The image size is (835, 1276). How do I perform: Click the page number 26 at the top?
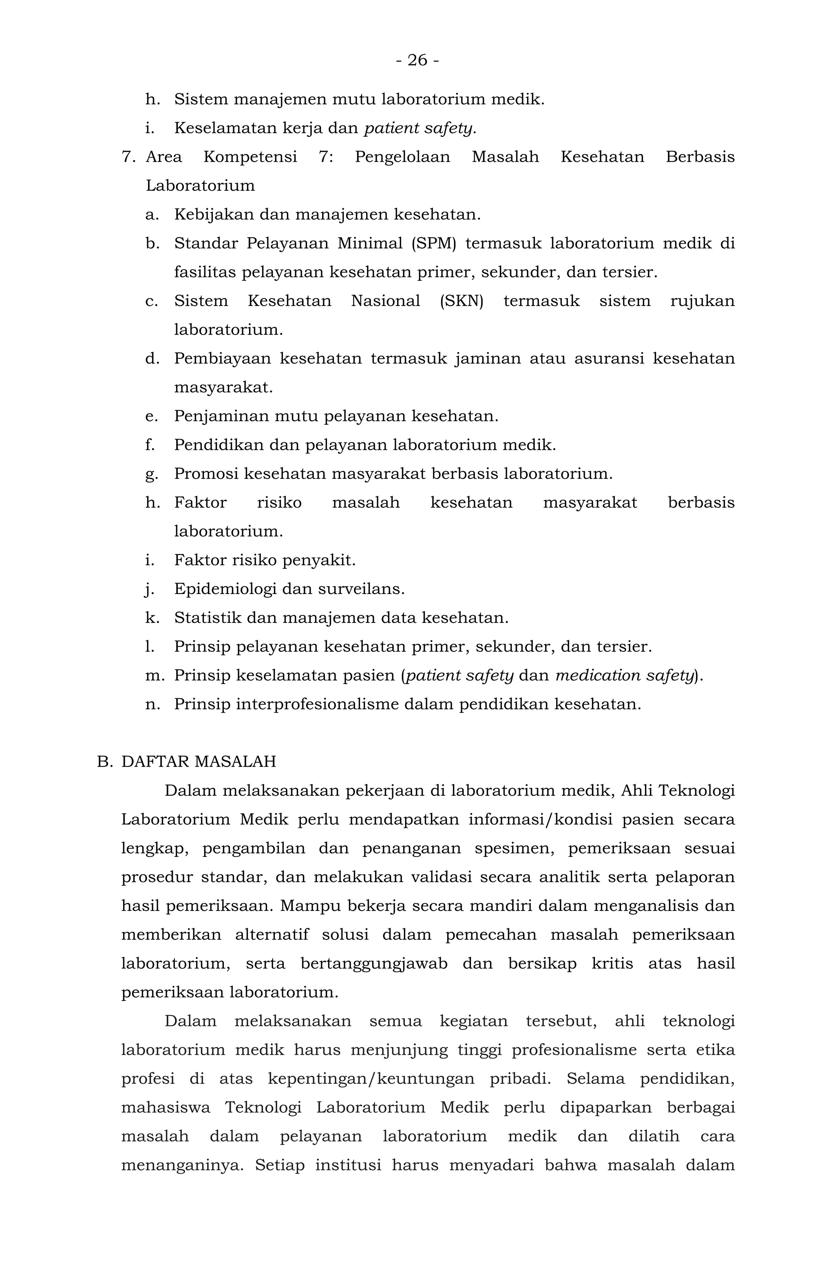click(417, 60)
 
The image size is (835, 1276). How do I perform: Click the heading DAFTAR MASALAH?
click(199, 762)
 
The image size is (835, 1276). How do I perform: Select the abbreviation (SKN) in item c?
click(462, 301)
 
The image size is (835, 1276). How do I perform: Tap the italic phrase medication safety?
click(625, 675)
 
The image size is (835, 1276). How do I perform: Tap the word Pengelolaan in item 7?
click(402, 157)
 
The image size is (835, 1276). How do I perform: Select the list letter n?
click(152, 704)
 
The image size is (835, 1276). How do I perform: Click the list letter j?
click(150, 589)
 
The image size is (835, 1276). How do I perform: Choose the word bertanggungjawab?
click(373, 964)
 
